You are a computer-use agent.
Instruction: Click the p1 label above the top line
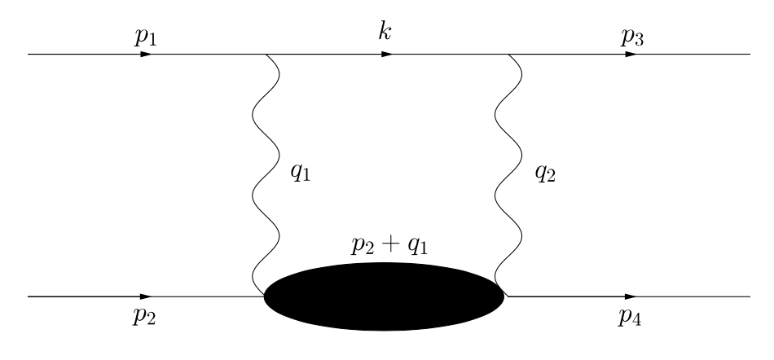[x=146, y=37]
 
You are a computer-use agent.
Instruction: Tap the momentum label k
[x=385, y=31]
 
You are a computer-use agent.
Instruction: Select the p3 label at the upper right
[x=632, y=37]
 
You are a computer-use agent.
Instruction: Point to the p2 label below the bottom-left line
[x=144, y=316]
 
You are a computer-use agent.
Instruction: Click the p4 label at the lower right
[x=630, y=317]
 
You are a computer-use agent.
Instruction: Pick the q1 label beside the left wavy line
[x=301, y=173]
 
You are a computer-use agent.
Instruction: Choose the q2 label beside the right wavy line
[x=545, y=173]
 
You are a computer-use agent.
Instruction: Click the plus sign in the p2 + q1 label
[x=390, y=244]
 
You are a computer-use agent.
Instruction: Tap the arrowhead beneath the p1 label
[x=147, y=55]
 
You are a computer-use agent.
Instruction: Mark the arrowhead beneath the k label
[x=388, y=55]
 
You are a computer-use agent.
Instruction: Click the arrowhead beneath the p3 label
[x=631, y=55]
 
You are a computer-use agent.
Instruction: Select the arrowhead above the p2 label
[x=146, y=296]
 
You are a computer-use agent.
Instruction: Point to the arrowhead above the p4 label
[x=631, y=296]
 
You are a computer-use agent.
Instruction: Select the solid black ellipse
[x=384, y=296]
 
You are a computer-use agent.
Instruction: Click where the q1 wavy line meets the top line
[x=266, y=55]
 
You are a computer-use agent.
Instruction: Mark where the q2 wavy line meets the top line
[x=509, y=55]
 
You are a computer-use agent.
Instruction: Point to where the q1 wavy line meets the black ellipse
[x=265, y=296]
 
